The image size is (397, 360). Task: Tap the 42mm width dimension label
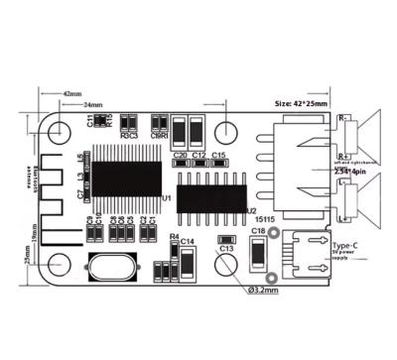72,94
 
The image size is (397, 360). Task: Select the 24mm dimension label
92,104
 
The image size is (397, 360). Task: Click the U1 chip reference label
167,198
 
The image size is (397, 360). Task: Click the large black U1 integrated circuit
125,179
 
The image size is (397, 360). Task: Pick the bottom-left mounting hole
60,264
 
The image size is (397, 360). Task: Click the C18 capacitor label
257,230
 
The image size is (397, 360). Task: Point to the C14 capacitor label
189,241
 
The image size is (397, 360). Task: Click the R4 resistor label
174,238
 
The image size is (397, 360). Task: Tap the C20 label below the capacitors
180,156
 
